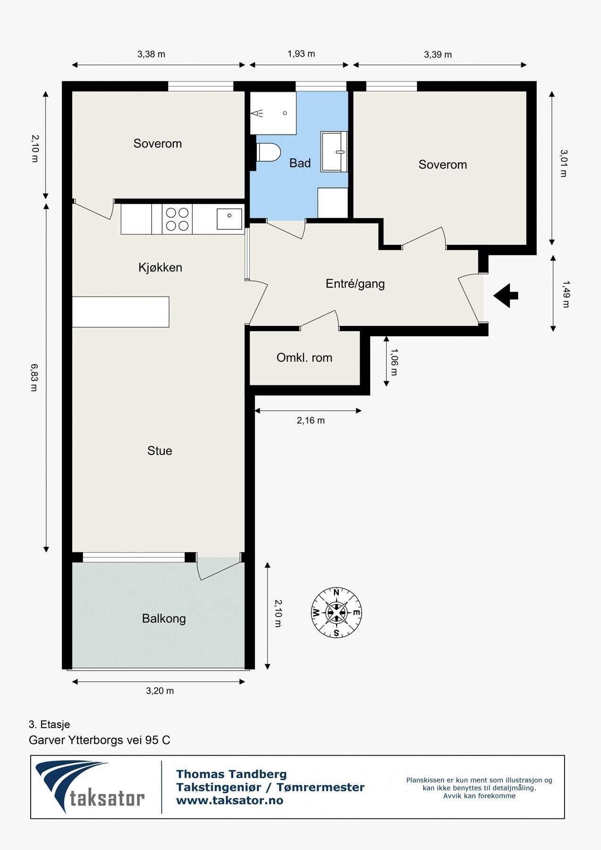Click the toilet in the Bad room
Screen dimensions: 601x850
coord(268,153)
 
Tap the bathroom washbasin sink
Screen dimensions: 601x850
coord(334,152)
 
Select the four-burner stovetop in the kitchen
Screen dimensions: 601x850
coord(177,219)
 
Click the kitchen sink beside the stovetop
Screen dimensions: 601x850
coord(229,219)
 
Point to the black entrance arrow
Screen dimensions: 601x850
coord(506,296)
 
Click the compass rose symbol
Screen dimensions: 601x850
coord(336,612)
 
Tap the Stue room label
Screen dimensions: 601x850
coord(160,450)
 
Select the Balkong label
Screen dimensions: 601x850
coord(164,619)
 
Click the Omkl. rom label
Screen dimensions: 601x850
coord(305,357)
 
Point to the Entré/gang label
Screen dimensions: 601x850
coord(355,283)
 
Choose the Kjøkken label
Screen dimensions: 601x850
coord(160,267)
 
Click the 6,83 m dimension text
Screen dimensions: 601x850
coord(34,377)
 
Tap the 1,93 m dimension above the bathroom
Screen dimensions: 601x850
coord(301,54)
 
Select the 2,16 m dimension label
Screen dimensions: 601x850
coord(311,420)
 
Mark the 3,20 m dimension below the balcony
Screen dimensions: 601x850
coord(160,691)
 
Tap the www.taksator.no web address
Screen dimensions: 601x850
coord(229,800)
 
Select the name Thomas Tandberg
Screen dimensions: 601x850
coord(231,774)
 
